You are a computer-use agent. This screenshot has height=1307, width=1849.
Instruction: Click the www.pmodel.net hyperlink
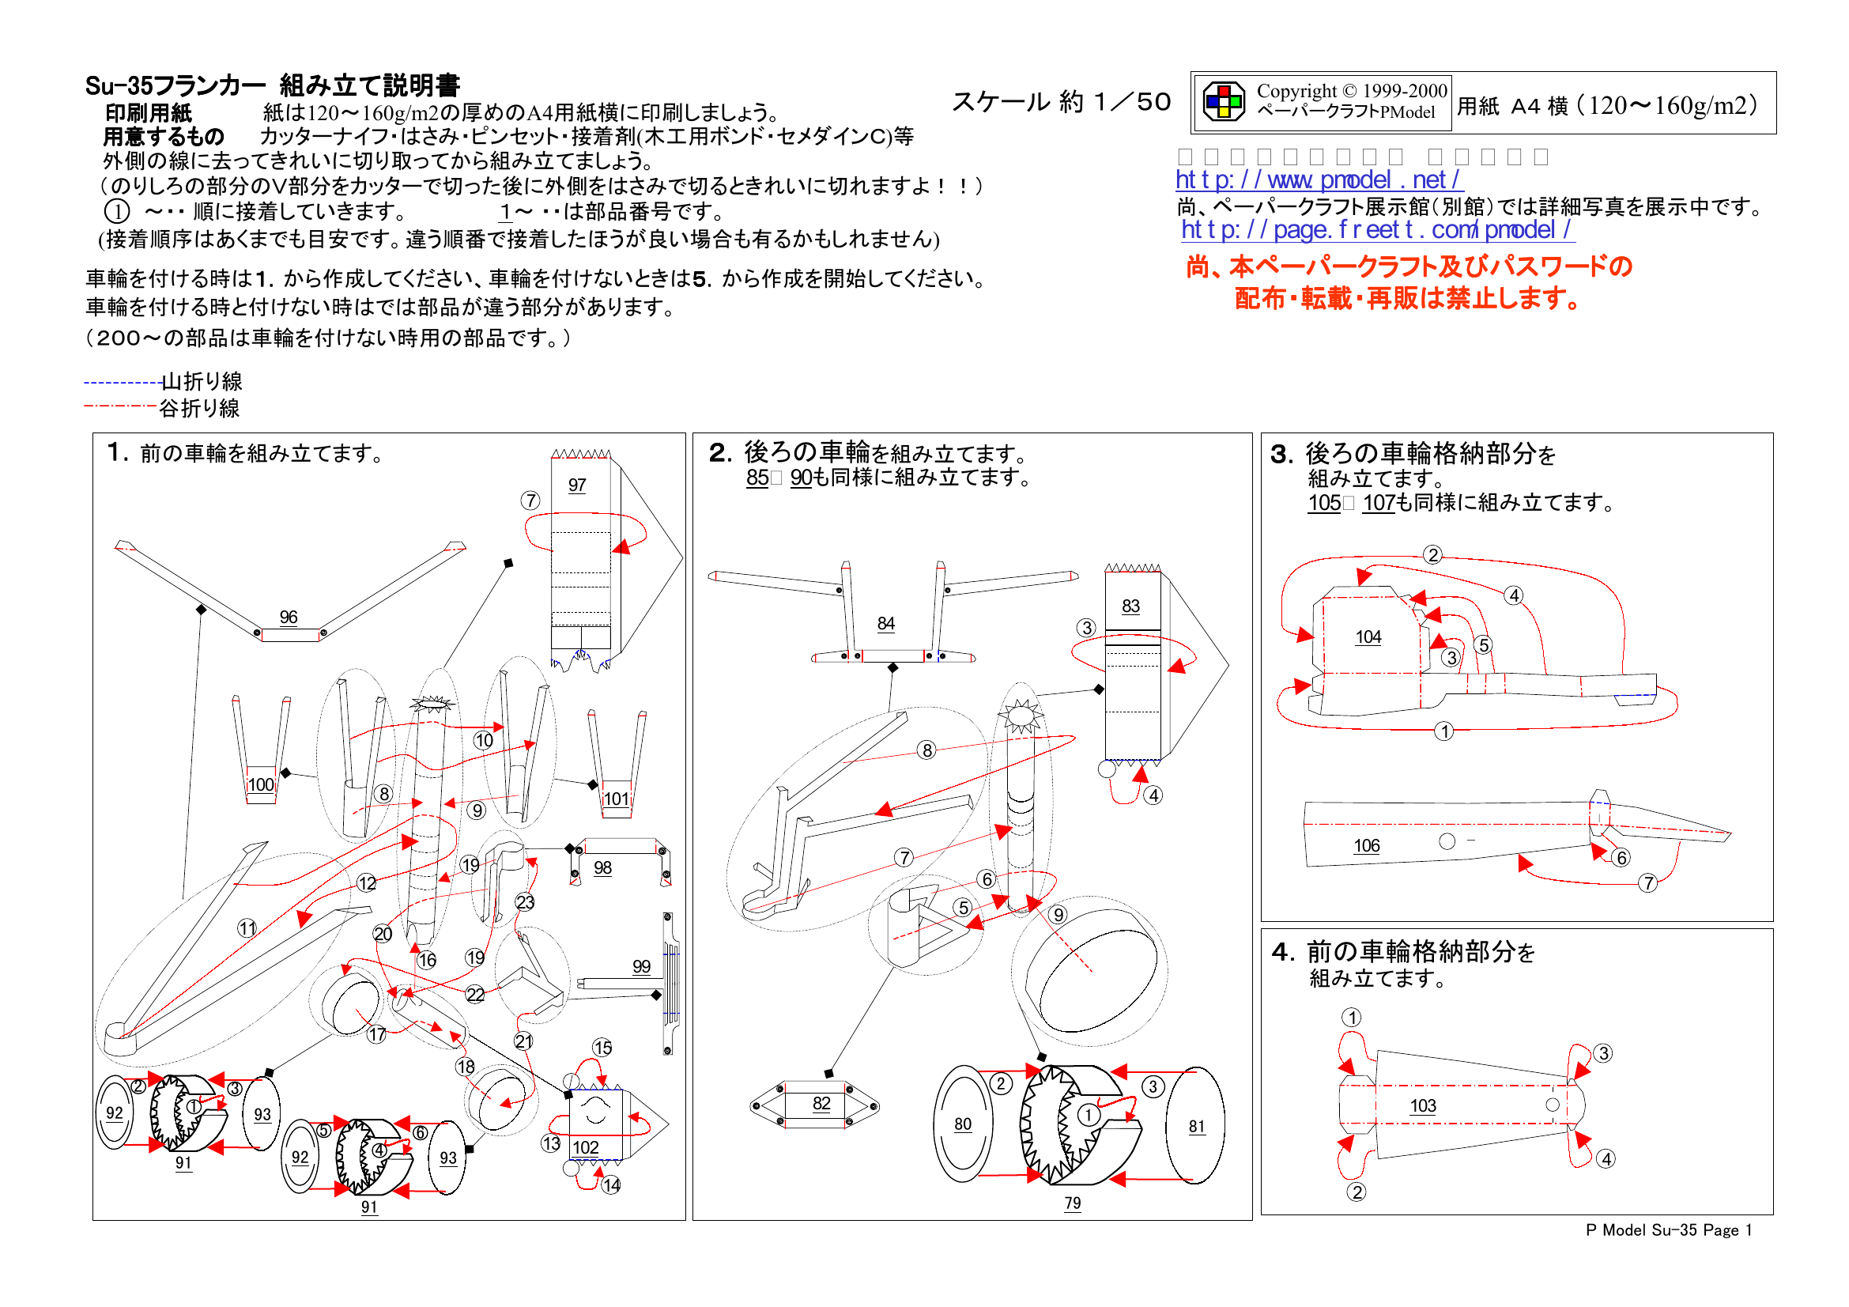click(1318, 179)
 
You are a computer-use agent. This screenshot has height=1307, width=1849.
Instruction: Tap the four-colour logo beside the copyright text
click(1223, 102)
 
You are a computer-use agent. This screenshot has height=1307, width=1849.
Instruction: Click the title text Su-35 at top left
click(118, 85)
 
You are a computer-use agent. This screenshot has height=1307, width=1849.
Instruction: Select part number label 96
click(289, 617)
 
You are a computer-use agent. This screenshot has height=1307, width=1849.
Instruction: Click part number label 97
click(576, 485)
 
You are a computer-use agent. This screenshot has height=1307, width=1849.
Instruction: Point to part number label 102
click(586, 1146)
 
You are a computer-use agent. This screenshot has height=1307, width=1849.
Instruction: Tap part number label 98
click(602, 867)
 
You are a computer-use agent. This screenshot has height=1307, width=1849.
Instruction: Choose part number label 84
click(886, 622)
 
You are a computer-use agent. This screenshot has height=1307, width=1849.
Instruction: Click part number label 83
click(1130, 606)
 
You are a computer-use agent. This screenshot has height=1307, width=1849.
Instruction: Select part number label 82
click(821, 1103)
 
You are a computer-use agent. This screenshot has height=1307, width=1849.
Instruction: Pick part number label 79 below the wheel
click(1073, 1203)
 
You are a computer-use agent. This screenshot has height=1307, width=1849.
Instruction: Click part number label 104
click(1368, 637)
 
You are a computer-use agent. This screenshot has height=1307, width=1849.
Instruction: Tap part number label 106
click(1367, 845)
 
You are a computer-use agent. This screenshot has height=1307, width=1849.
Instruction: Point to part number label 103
click(1423, 1105)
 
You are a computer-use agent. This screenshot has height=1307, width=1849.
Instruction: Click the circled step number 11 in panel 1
click(247, 927)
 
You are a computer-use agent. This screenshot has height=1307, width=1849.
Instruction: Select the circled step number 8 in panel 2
click(927, 750)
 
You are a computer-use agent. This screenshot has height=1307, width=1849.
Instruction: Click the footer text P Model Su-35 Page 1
click(1669, 1230)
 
